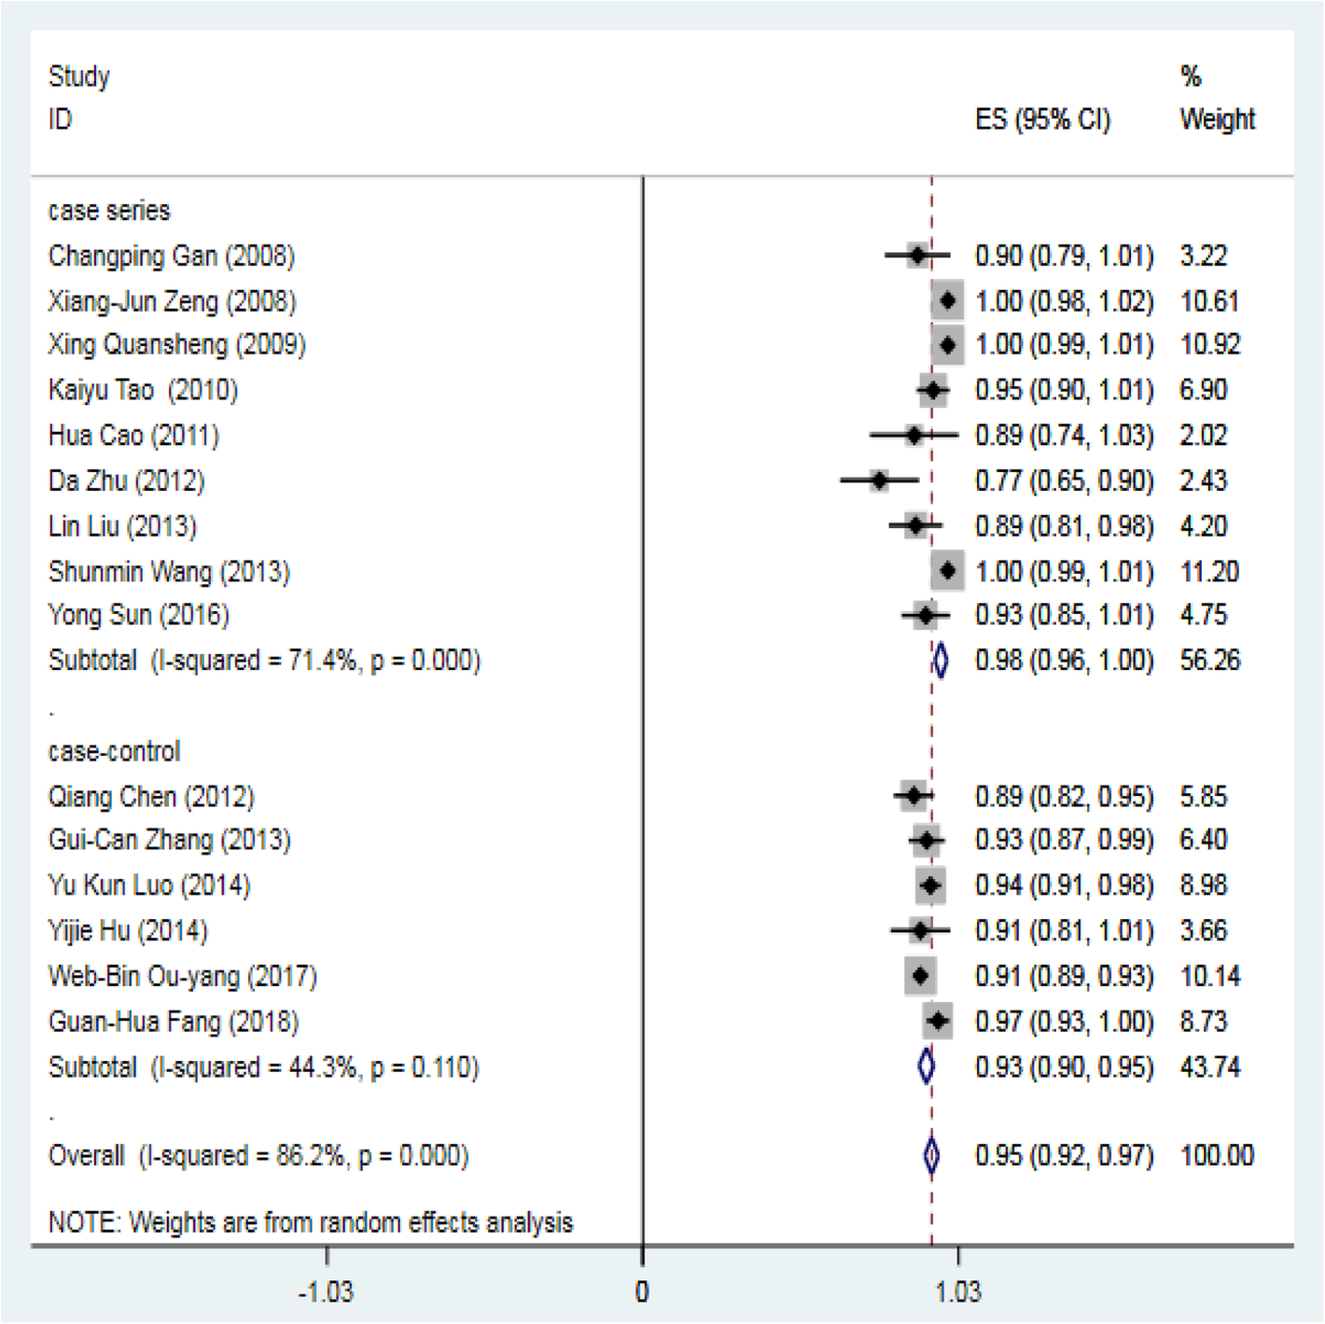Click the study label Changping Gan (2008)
click(x=172, y=256)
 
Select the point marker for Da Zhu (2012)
click(x=879, y=481)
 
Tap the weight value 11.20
click(x=1209, y=571)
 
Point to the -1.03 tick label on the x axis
click(x=326, y=1292)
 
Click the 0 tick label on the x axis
click(x=642, y=1292)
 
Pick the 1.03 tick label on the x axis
click(x=958, y=1292)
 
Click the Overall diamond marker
click(x=931, y=1156)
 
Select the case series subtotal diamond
click(x=941, y=661)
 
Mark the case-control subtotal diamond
click(x=926, y=1066)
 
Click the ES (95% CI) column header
click(x=1042, y=119)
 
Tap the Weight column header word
click(x=1217, y=119)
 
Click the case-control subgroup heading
click(x=114, y=751)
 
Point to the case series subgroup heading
click(x=109, y=211)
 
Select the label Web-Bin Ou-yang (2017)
click(x=183, y=976)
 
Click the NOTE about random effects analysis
click(x=311, y=1222)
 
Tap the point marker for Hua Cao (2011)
click(x=914, y=435)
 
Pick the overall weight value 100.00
click(x=1217, y=1156)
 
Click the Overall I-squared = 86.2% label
click(x=258, y=1156)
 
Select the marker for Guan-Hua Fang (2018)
click(x=938, y=1022)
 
